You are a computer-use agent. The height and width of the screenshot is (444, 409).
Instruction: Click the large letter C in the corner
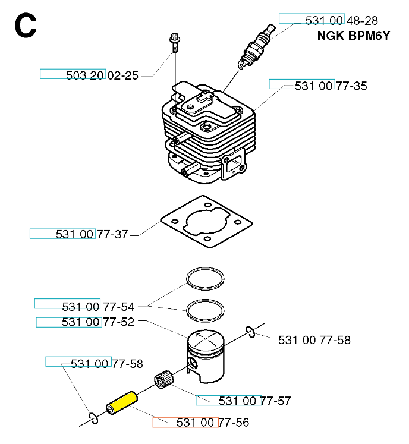tap(26, 27)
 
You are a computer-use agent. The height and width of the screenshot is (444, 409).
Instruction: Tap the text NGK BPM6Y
tap(353, 36)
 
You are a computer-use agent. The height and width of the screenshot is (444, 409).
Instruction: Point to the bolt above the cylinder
tap(174, 41)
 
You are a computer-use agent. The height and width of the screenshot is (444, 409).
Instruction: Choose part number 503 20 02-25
tap(103, 75)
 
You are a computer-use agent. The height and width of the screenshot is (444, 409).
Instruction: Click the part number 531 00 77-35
tap(331, 86)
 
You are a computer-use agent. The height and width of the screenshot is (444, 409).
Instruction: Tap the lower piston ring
tap(206, 310)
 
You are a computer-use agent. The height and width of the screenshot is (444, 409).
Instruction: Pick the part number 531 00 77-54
tap(98, 307)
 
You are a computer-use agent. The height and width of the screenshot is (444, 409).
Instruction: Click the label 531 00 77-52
tap(98, 322)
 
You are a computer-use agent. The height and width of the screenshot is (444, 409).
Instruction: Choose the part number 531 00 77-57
tap(254, 401)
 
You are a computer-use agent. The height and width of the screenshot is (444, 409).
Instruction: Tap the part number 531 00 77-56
tap(212, 423)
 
